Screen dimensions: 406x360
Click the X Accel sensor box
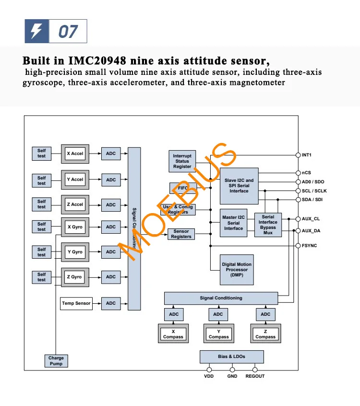(x=75, y=154)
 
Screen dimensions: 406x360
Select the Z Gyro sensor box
(x=75, y=277)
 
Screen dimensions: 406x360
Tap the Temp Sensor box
(x=76, y=303)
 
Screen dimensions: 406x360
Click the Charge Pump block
(x=56, y=361)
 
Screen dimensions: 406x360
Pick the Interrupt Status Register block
(x=182, y=161)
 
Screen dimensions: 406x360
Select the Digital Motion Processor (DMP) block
(x=237, y=270)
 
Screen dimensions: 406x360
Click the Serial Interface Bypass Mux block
(x=268, y=225)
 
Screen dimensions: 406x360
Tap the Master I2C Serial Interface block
(x=233, y=223)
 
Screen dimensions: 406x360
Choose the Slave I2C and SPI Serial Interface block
(x=239, y=186)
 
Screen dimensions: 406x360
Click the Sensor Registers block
(x=181, y=234)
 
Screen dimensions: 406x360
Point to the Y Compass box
(x=219, y=334)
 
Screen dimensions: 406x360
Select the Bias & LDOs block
(x=232, y=357)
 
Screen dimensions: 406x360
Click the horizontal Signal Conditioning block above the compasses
(x=221, y=298)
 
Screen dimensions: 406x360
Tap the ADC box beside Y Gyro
(x=111, y=252)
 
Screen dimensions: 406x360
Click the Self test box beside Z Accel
(x=42, y=204)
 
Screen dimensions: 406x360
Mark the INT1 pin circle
(x=298, y=155)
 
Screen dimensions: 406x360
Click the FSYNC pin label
(x=309, y=246)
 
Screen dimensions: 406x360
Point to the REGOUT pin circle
(x=255, y=370)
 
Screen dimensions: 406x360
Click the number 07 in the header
(x=68, y=32)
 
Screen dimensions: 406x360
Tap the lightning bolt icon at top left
(x=37, y=32)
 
